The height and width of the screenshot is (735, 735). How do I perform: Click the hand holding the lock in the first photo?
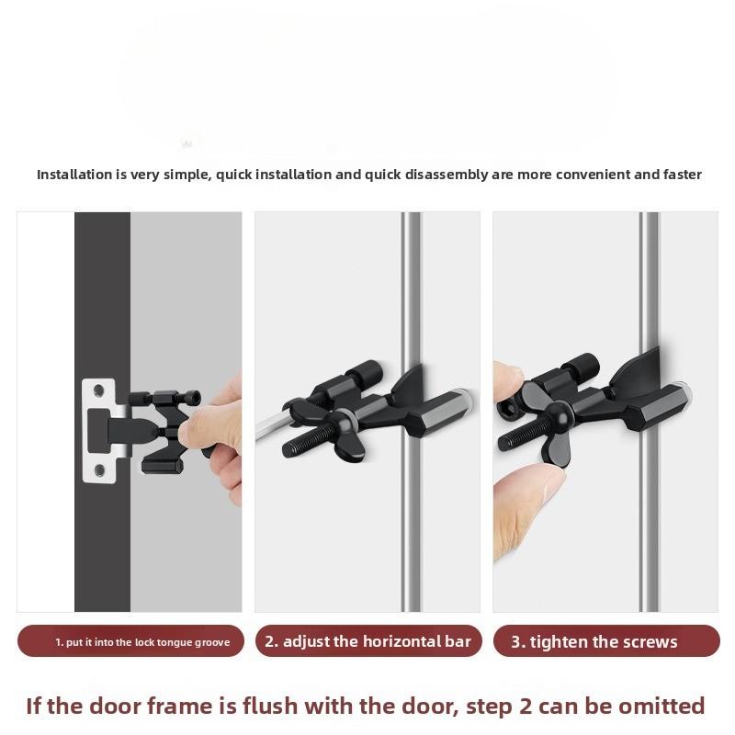[x=216, y=432]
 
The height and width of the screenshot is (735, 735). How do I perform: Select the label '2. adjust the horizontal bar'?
[x=367, y=641]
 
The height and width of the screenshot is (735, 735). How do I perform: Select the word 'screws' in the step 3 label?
[x=648, y=642]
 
